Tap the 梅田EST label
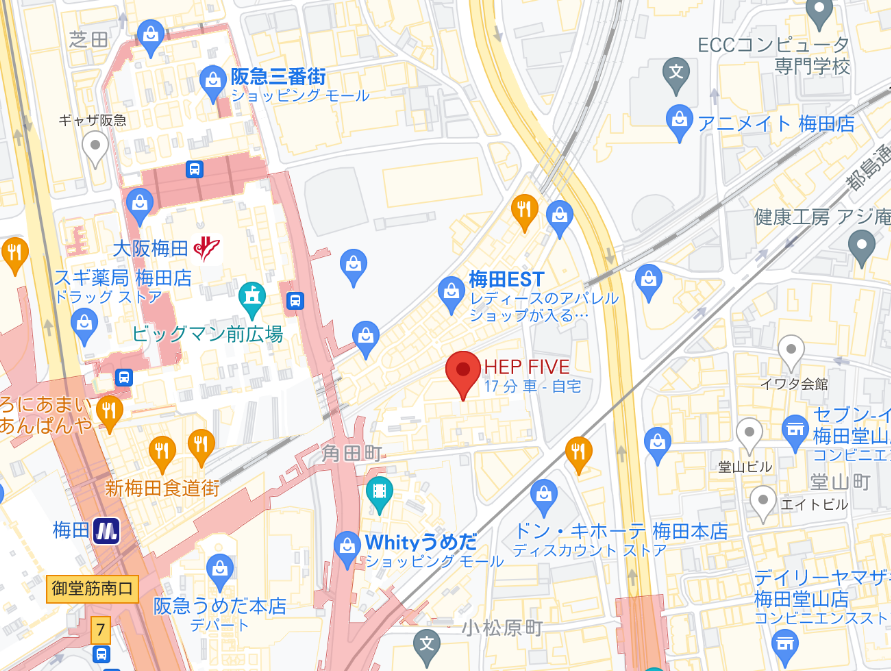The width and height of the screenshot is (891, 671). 506,279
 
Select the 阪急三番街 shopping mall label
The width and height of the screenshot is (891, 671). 277,76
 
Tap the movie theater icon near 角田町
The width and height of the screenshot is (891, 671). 379,490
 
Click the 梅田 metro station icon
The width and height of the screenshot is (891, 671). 106,530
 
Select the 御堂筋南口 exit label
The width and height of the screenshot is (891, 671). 92,588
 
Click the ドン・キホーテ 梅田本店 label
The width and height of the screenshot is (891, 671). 619,531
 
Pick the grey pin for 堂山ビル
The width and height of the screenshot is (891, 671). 749,434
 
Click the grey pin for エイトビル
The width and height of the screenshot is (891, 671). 764,501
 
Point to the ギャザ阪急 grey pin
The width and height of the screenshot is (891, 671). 95,149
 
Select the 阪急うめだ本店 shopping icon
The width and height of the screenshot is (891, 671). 220,570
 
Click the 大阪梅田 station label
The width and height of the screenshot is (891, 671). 150,246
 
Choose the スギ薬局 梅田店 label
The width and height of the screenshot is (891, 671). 122,279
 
